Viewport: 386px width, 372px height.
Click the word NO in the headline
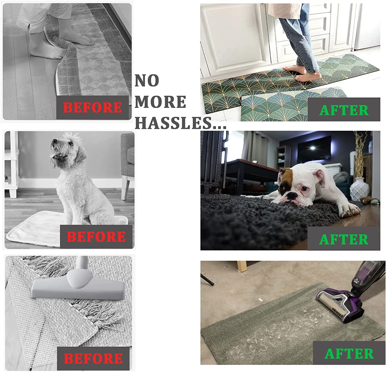point(147,81)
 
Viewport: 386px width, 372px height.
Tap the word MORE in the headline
point(160,102)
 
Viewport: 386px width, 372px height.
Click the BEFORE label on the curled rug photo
point(92,107)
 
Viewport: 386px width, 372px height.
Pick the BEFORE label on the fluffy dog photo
point(96,236)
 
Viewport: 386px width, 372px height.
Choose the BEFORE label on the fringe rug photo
point(93,358)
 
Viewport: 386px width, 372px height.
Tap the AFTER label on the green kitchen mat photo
point(344,110)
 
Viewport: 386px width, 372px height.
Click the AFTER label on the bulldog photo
point(344,239)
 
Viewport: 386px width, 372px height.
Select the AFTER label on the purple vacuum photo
point(349,354)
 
